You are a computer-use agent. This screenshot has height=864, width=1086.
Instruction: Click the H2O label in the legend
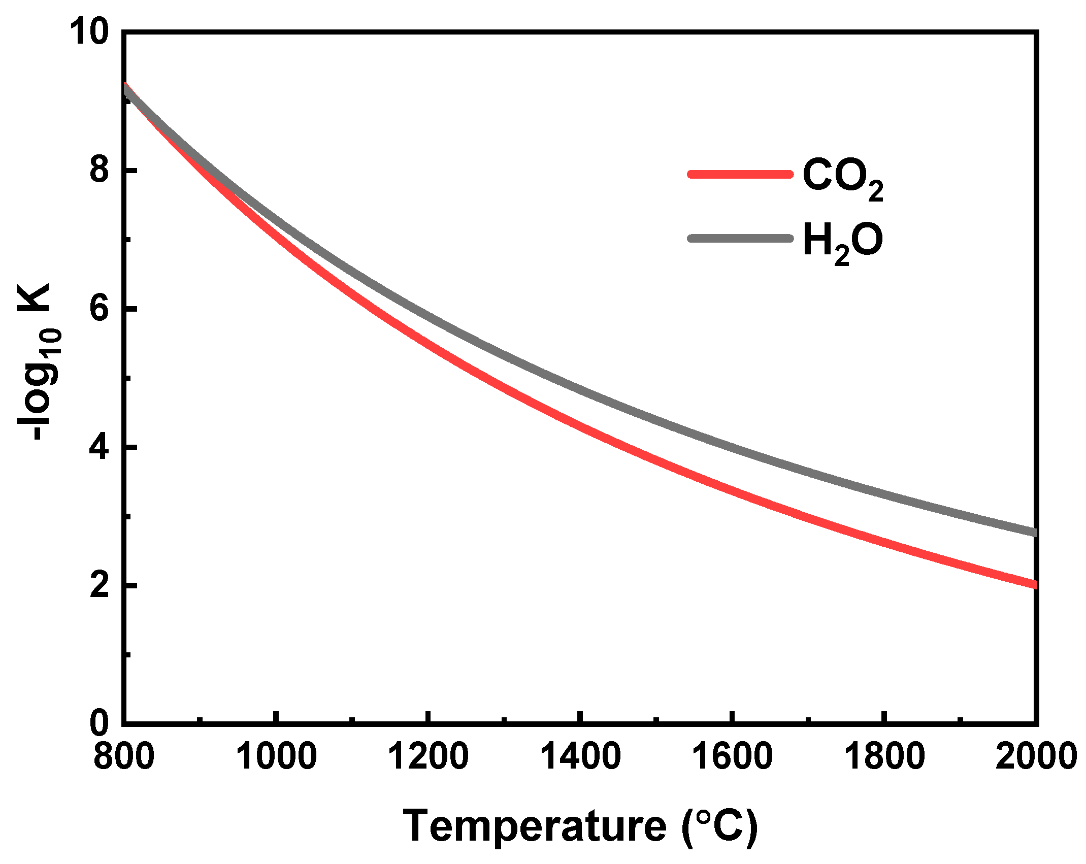pos(842,242)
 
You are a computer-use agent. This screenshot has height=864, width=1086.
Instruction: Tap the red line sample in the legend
pos(740,174)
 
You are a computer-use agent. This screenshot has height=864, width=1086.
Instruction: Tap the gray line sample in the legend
pos(740,238)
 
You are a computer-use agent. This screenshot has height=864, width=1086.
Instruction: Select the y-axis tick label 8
pos(100,171)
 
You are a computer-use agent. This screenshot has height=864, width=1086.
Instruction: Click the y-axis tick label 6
pos(100,309)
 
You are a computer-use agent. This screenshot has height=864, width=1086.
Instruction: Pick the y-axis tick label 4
pos(100,447)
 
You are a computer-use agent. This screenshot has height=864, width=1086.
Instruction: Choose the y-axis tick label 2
pos(100,585)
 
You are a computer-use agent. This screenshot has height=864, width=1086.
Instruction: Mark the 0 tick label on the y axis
pos(100,723)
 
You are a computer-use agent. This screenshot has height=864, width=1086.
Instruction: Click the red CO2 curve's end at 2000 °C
pos(1033,584)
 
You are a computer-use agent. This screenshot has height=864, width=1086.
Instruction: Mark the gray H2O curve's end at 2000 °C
pos(1033,532)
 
